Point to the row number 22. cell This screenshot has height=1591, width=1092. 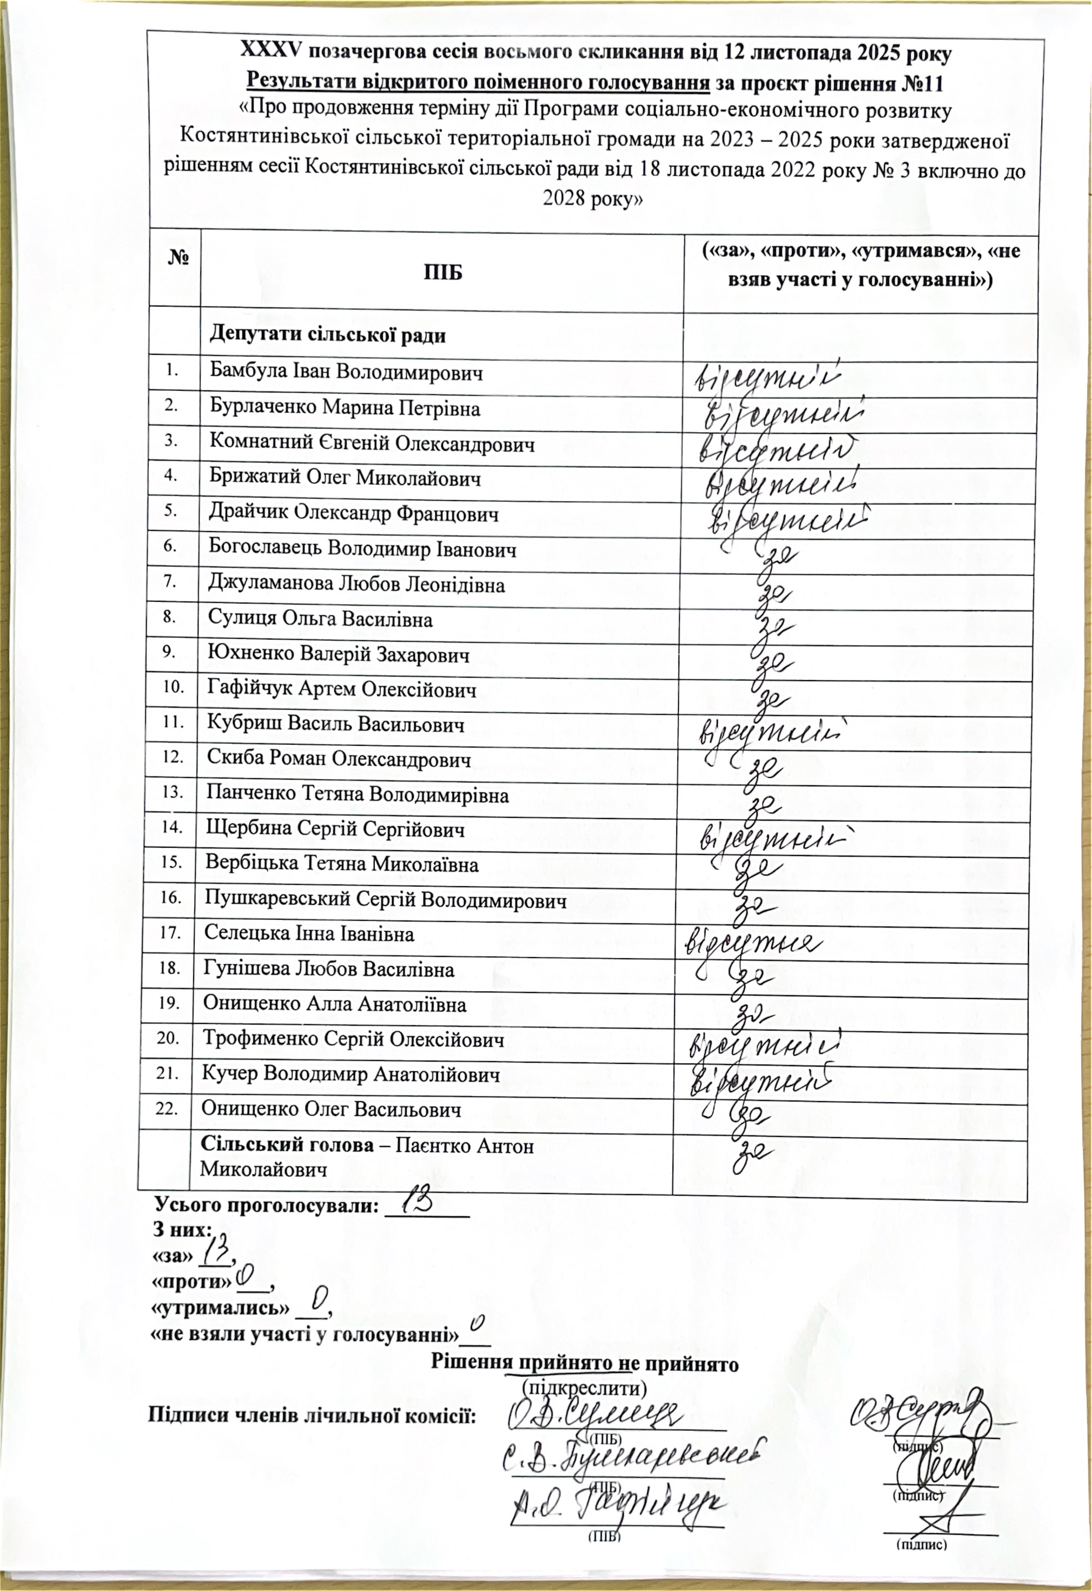168,1109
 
